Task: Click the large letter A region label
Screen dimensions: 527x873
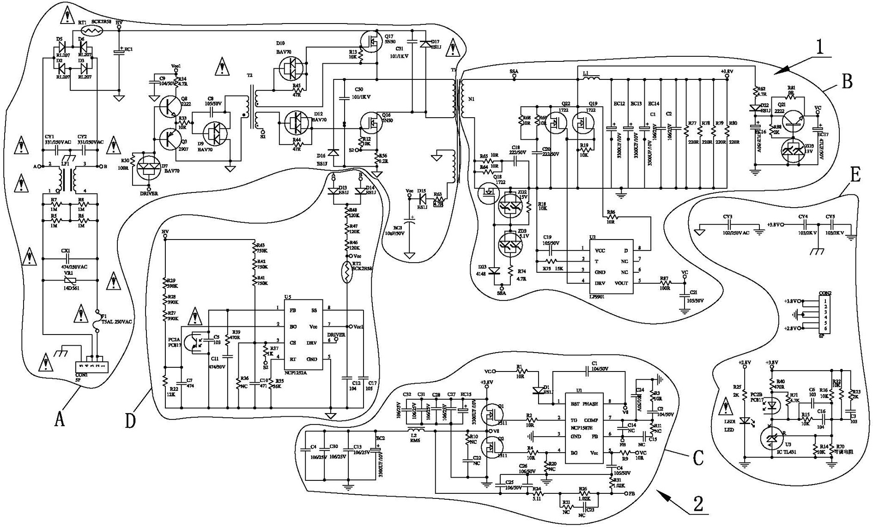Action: click(59, 419)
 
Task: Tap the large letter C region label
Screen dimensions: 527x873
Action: click(698, 457)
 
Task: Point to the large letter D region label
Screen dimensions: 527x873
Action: click(131, 420)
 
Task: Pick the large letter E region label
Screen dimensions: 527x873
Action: click(855, 175)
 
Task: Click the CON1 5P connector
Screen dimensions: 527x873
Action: click(91, 366)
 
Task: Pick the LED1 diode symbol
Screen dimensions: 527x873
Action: click(744, 421)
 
